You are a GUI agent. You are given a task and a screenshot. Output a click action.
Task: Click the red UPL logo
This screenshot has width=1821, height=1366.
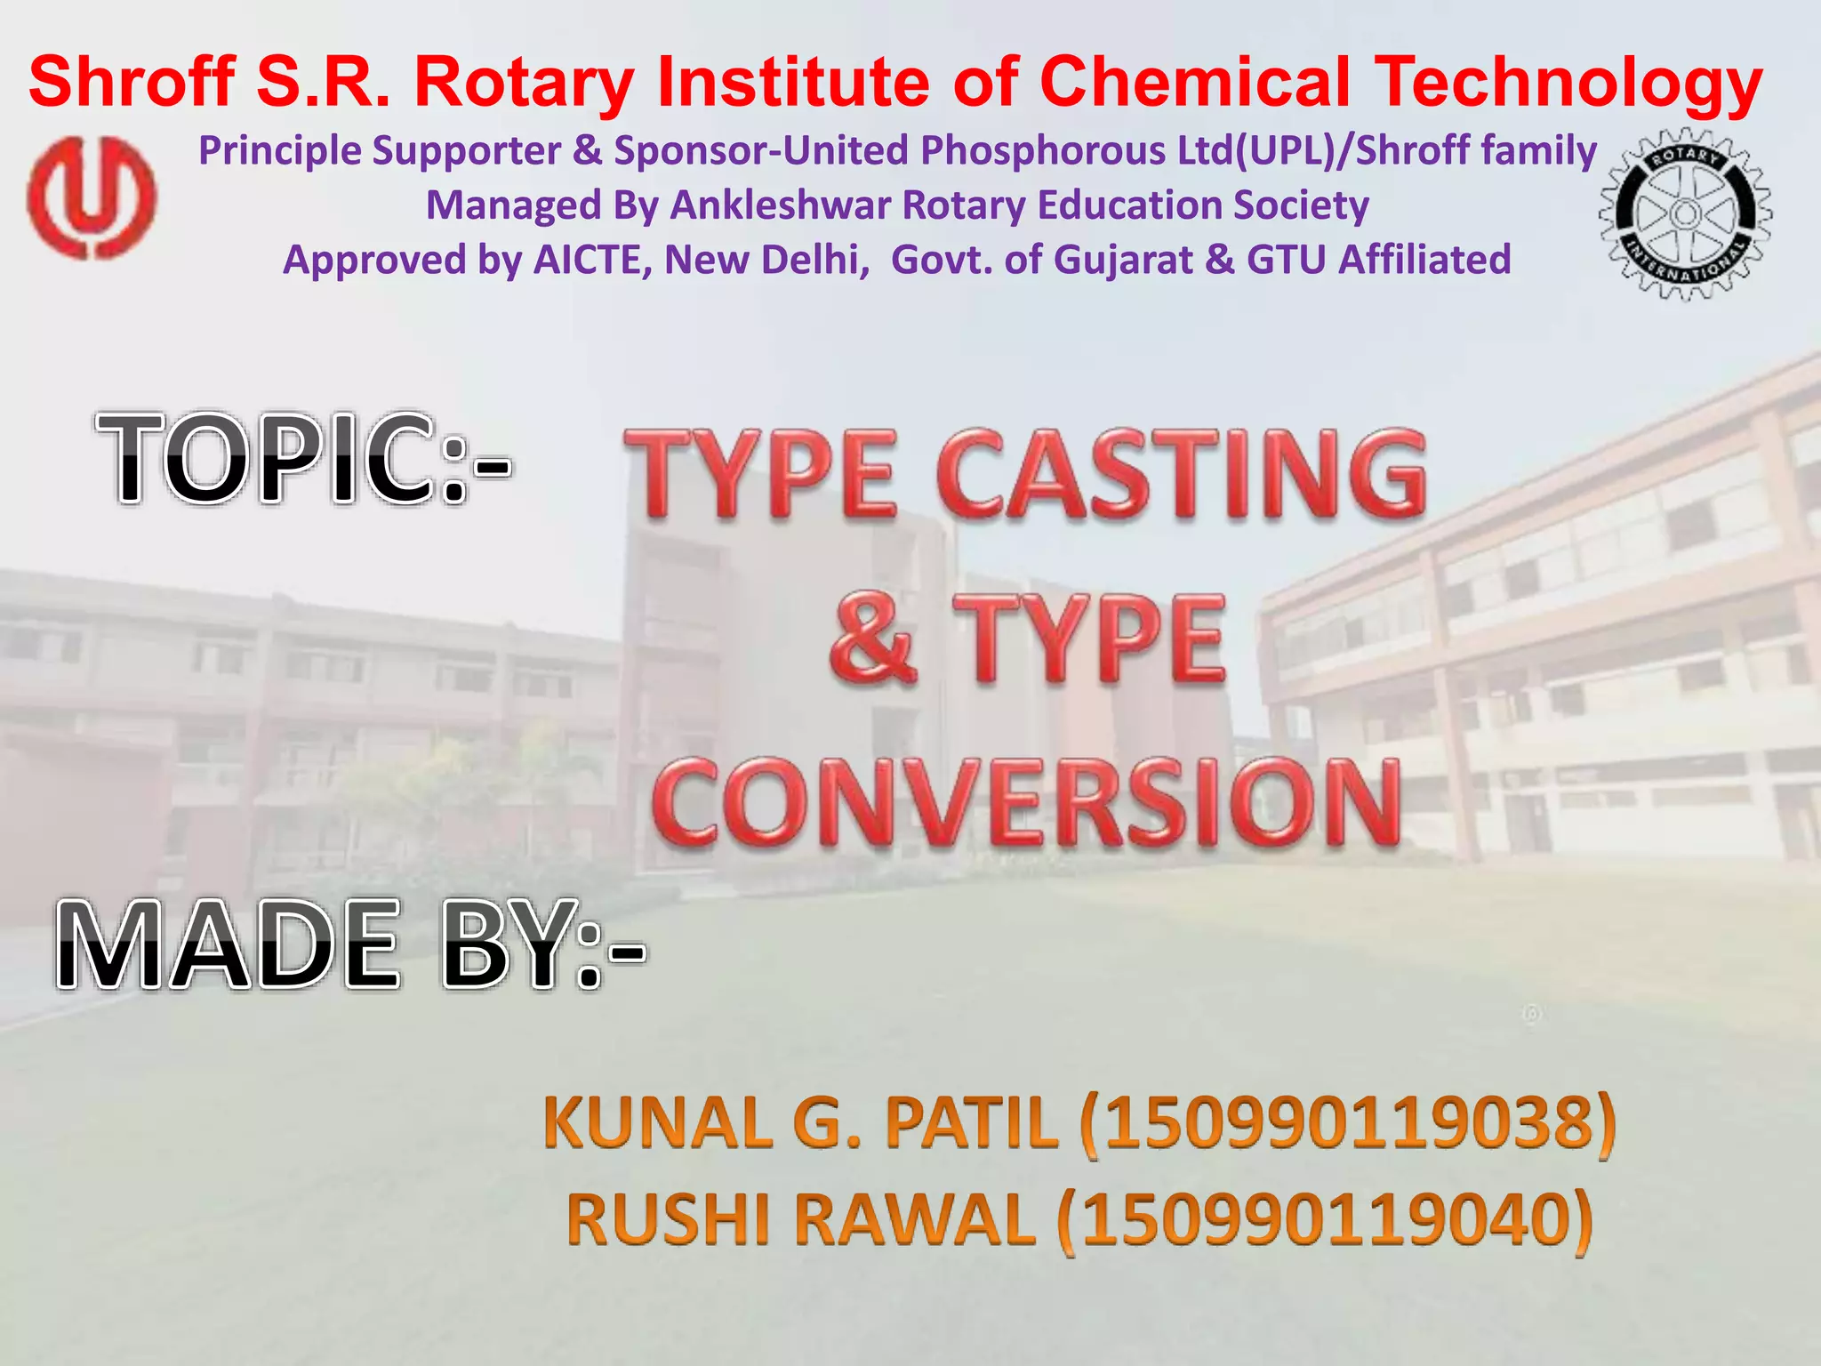91,197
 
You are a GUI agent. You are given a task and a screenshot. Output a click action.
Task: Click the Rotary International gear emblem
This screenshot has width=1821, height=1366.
1684,213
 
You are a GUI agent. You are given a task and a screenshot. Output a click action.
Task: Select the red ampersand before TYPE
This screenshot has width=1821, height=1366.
872,640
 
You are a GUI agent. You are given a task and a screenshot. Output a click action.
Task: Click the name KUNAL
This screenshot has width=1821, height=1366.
659,1123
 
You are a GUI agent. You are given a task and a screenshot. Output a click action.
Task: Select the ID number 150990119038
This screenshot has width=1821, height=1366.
1348,1123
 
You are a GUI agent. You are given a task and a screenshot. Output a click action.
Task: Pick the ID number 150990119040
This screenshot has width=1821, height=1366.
1325,1220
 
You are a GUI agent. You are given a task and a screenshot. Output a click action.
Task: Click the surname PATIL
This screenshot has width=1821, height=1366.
971,1123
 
